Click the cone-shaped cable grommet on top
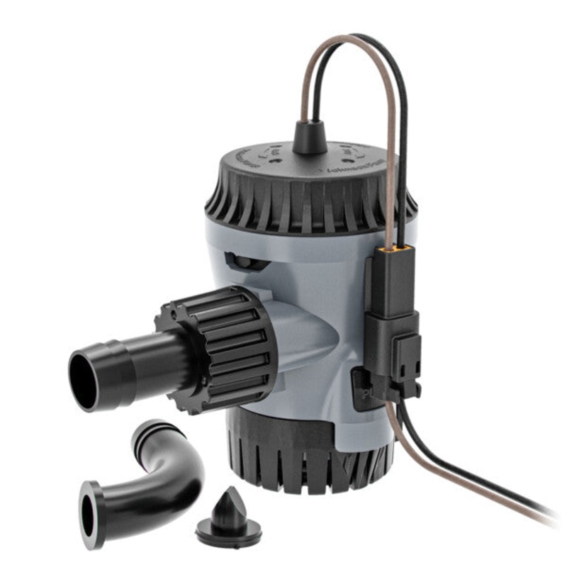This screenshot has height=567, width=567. point(310,138)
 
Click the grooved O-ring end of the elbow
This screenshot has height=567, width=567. point(152,433)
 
